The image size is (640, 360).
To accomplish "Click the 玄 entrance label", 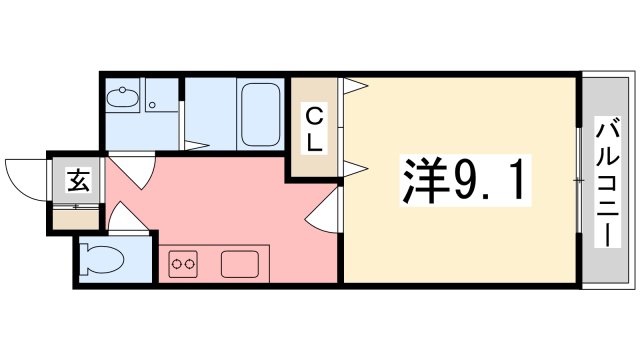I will pos(76,180).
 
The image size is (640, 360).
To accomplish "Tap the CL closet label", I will pos(313,129).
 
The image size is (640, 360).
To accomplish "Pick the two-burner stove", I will pos(184,265).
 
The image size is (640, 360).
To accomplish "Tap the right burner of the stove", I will pos(190,265).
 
